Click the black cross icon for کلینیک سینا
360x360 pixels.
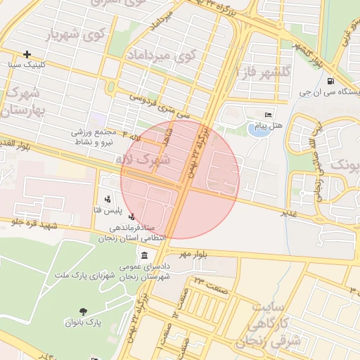point(27,54)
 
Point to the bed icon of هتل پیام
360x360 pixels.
point(267,115)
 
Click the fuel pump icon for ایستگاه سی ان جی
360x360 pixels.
point(330,81)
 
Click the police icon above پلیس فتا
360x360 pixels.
point(107,200)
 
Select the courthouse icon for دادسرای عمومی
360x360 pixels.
point(144,255)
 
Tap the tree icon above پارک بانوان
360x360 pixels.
point(84,311)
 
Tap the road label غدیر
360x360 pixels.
point(289,212)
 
